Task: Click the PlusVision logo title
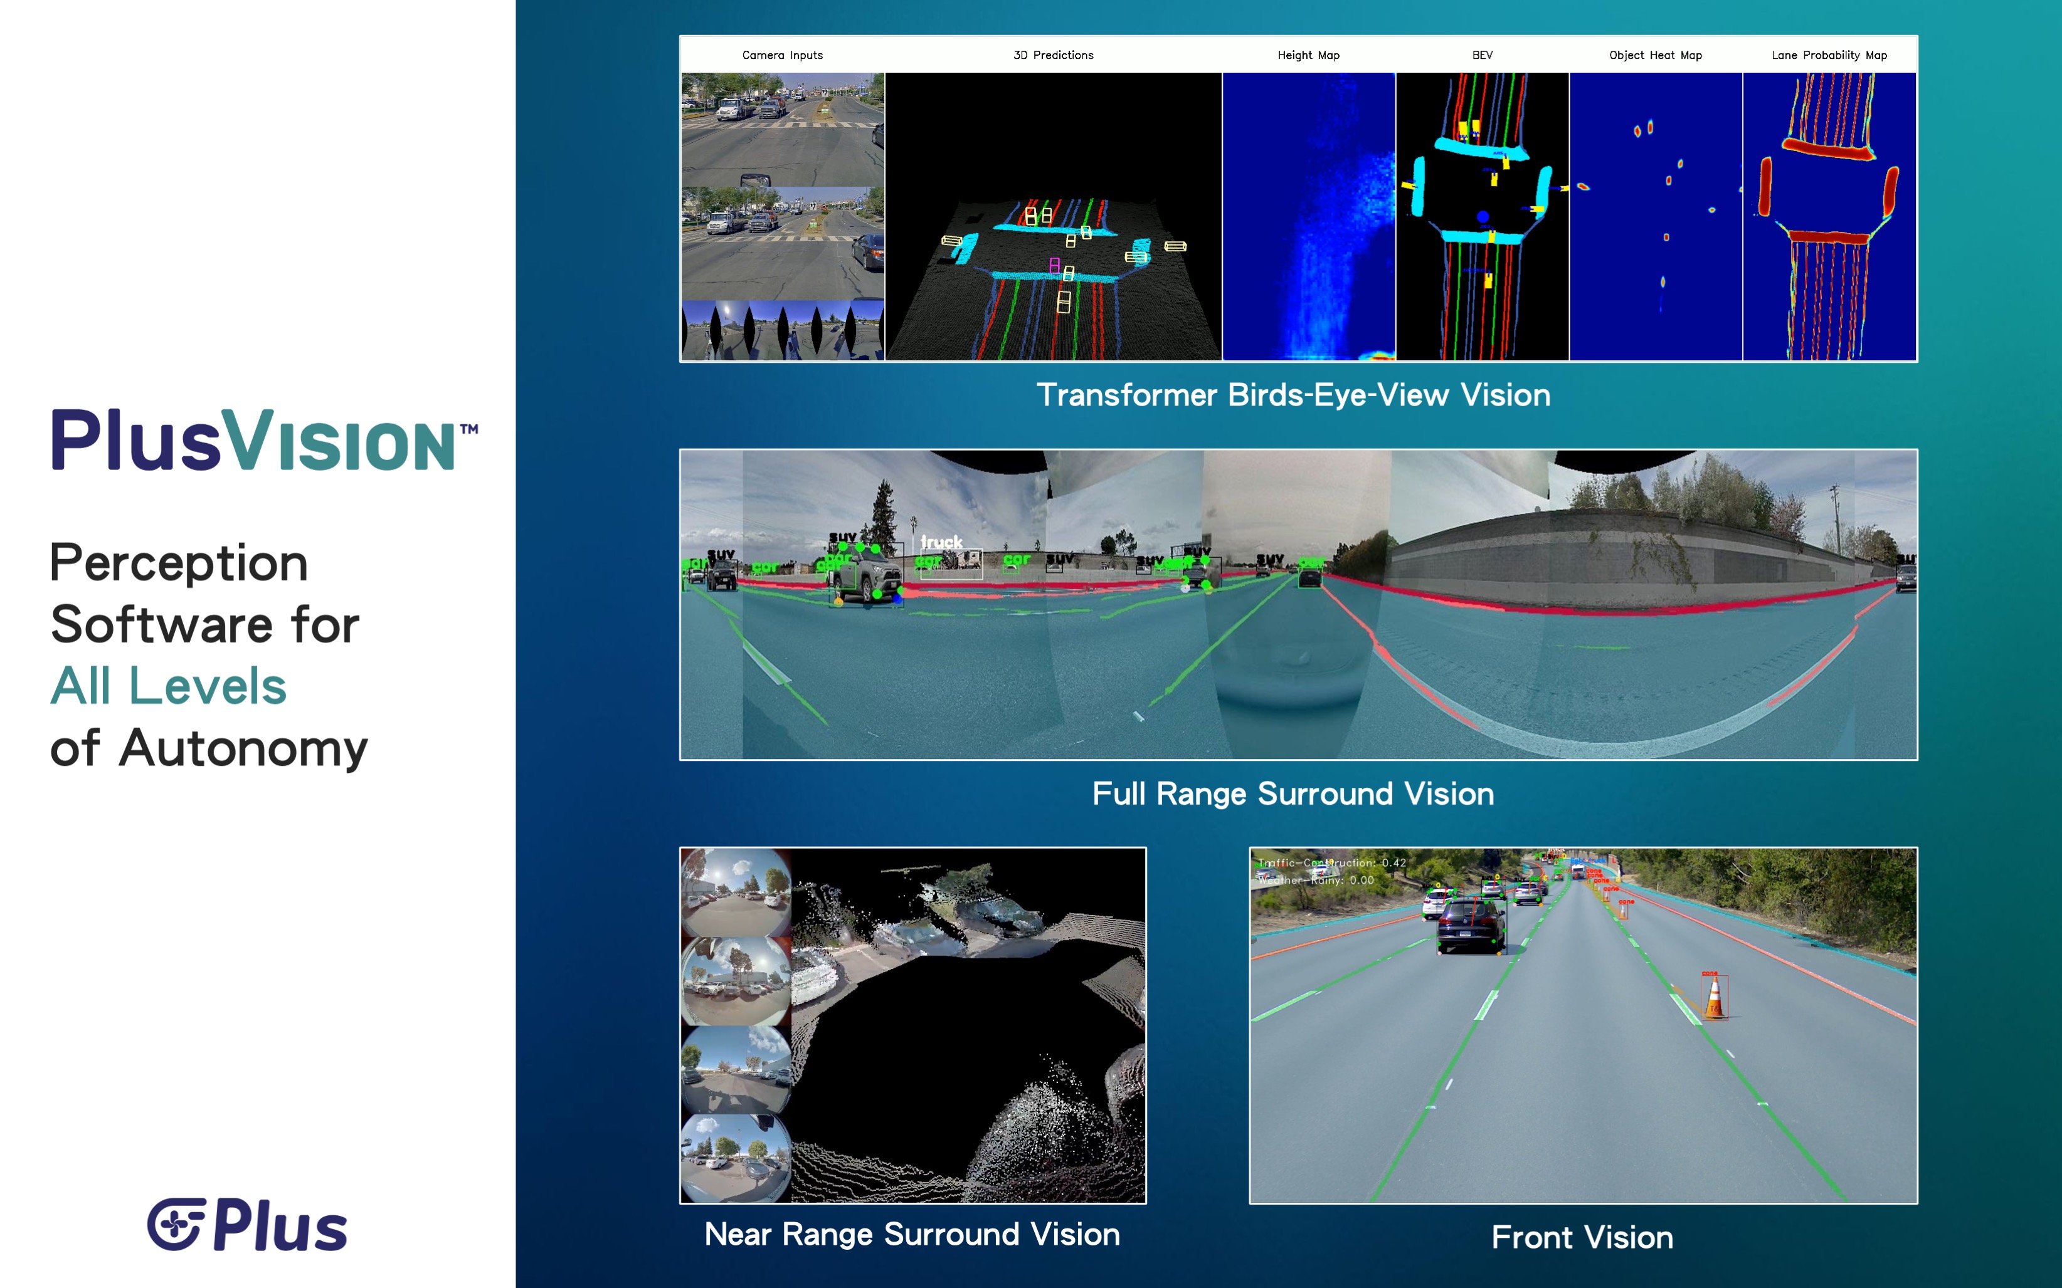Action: click(x=264, y=441)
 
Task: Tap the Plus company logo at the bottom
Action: click(x=247, y=1225)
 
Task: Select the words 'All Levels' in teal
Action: click(x=169, y=686)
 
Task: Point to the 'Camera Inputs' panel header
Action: click(x=782, y=55)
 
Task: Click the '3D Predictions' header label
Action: click(x=1053, y=55)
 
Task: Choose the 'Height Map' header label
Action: click(x=1308, y=55)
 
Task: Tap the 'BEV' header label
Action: click(x=1482, y=55)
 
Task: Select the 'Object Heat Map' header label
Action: click(x=1655, y=55)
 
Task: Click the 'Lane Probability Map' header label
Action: click(x=1829, y=55)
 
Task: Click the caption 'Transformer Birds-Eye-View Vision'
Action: click(x=1293, y=395)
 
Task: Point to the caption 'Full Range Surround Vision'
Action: click(x=1293, y=794)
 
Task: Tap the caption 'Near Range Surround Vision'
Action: click(x=912, y=1234)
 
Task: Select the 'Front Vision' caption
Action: click(x=1582, y=1237)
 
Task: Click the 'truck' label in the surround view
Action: click(x=941, y=543)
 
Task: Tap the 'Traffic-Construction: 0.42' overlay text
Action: click(x=1333, y=863)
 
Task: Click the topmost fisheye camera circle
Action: click(x=736, y=892)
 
